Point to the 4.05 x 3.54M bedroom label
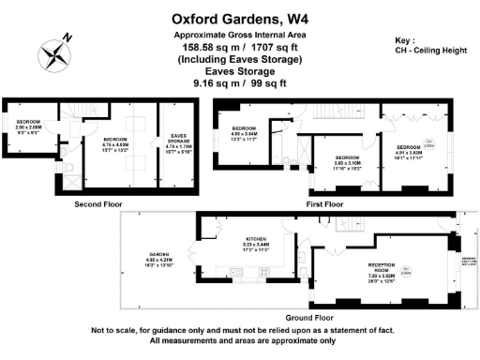tap(245, 132)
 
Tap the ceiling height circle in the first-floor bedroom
tap(429, 144)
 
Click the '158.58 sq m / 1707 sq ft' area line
tap(239, 48)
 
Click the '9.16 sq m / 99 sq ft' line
tap(239, 83)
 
